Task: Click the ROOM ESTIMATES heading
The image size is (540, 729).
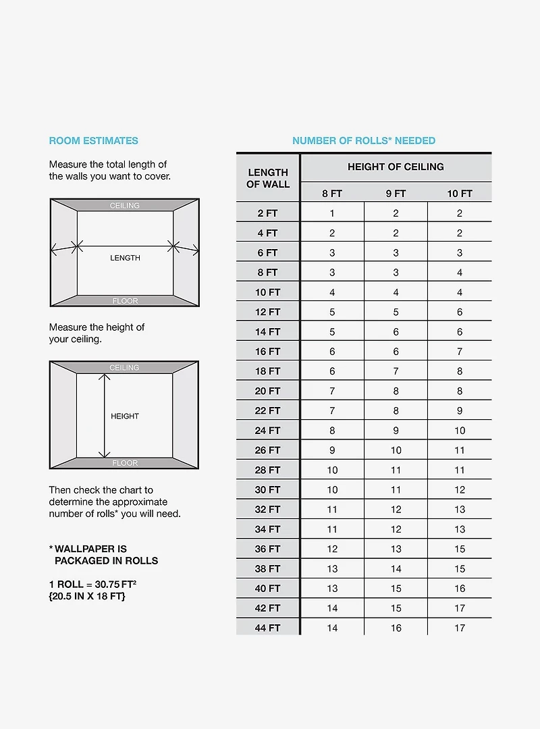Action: click(x=93, y=141)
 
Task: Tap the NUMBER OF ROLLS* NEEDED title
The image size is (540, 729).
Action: click(x=364, y=141)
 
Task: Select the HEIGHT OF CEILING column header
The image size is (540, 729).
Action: click(x=396, y=167)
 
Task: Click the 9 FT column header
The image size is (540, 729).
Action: click(x=396, y=194)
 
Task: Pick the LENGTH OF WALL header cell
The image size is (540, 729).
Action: click(x=268, y=178)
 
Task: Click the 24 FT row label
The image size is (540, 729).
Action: click(x=268, y=430)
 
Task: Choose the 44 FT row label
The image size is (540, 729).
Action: click(x=268, y=628)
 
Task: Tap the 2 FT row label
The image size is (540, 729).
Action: click(x=268, y=213)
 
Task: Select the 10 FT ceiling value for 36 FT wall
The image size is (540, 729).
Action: click(x=460, y=549)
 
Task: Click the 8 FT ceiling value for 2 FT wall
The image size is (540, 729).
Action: click(x=332, y=213)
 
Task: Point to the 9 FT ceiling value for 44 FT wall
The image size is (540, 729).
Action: click(x=396, y=628)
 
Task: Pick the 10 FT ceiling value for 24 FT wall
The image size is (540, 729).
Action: click(x=460, y=430)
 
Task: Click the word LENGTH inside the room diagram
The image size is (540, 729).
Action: click(x=126, y=258)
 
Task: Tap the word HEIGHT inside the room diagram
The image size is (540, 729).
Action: click(x=125, y=416)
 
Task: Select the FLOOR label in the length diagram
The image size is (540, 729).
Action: click(x=125, y=301)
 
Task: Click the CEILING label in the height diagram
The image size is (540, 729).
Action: click(x=125, y=368)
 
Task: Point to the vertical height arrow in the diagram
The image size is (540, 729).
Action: click(x=105, y=416)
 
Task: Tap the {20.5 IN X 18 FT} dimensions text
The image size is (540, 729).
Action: click(x=87, y=597)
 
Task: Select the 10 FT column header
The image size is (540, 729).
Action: click(x=460, y=194)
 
